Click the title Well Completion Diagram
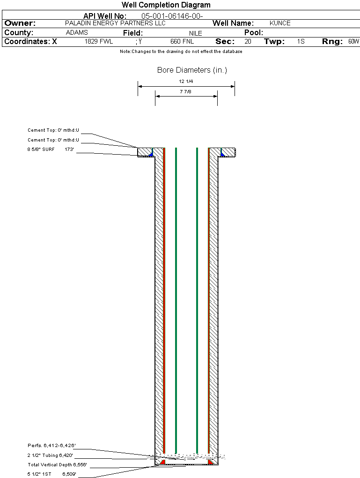coord(166,5)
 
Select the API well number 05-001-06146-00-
coord(172,16)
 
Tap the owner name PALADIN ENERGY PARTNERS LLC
coord(116,23)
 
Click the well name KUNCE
coord(280,23)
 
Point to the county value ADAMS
coord(77,32)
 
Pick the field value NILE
coord(196,33)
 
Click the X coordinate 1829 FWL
coord(99,41)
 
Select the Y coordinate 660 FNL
coord(182,41)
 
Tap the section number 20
coord(248,41)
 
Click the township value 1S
coord(301,41)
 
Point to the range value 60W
coord(353,41)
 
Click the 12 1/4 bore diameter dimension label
coord(186,82)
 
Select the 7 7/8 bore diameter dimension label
coord(185,91)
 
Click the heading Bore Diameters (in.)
coord(192,70)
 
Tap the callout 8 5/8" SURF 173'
coord(51,149)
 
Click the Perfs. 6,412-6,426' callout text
coord(51,445)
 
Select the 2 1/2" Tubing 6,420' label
coord(50,455)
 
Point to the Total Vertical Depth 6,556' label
coord(57,464)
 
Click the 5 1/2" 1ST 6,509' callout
coord(52,474)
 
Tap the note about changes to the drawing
coord(181,52)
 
